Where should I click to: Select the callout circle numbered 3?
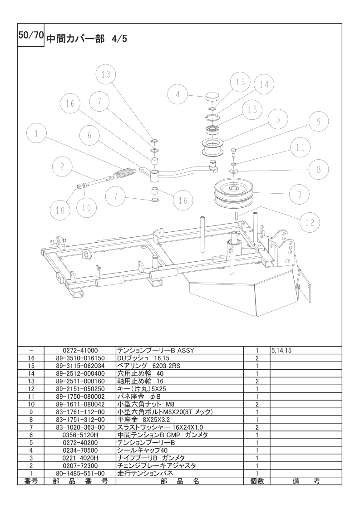click(299, 194)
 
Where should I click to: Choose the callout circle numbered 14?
click(264, 84)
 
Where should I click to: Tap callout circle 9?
click(319, 121)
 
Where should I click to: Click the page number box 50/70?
click(30, 37)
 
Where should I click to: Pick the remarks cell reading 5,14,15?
click(281, 351)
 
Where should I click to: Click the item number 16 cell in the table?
click(31, 358)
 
